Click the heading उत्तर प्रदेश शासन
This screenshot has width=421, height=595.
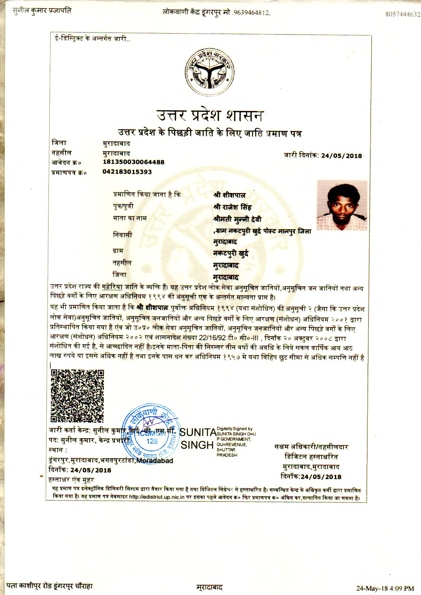[x=210, y=115]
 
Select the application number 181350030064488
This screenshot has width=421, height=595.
[x=133, y=162]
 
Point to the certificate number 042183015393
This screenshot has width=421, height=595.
[x=127, y=172]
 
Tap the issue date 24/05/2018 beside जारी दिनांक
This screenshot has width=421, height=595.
[x=341, y=156]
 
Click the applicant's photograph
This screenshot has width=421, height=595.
[x=342, y=205]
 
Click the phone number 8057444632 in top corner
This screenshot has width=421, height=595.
[x=403, y=14]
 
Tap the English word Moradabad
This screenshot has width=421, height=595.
[x=154, y=461]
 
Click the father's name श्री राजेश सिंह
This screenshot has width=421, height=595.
[x=232, y=207]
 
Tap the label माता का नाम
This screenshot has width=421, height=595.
[x=130, y=218]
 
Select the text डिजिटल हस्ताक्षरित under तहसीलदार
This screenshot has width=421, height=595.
[x=311, y=457]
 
